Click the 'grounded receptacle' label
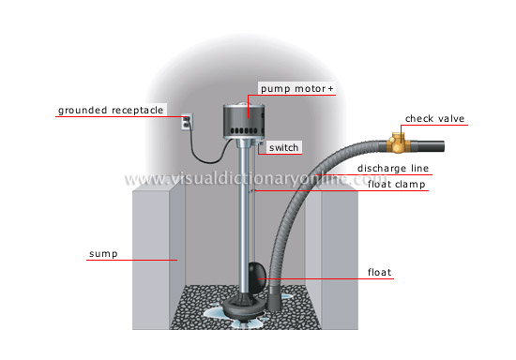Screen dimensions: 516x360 (x=111, y=110)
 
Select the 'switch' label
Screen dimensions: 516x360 (x=283, y=148)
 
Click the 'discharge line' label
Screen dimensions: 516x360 (x=394, y=168)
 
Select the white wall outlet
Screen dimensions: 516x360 (x=186, y=122)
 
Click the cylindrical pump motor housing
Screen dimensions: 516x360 (x=243, y=119)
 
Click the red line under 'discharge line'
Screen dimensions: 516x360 (x=394, y=175)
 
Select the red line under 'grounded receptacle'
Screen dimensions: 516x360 (x=111, y=117)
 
